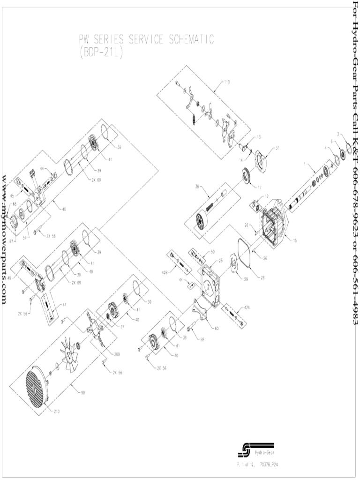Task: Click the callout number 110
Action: coord(227,82)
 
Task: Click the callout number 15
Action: coord(294,241)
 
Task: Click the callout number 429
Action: coord(165,272)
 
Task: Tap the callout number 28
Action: coord(262,277)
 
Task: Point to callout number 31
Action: coord(277,148)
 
